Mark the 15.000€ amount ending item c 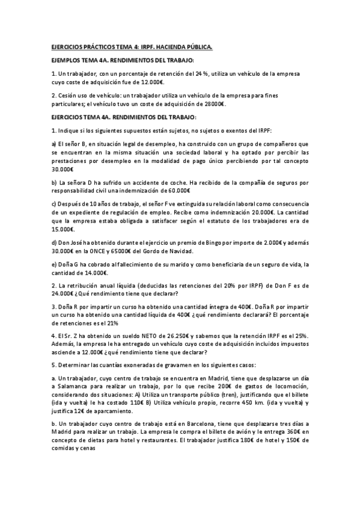pos(63,229)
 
